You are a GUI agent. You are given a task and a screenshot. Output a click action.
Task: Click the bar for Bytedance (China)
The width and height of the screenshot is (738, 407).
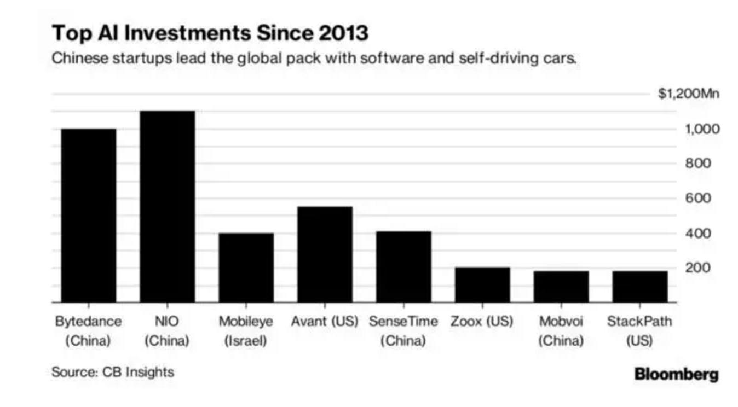[x=88, y=216]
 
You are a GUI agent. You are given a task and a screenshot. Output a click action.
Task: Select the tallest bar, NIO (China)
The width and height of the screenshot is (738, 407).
[x=167, y=206]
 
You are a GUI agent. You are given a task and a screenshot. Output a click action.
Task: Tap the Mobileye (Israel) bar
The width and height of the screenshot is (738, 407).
[x=246, y=268]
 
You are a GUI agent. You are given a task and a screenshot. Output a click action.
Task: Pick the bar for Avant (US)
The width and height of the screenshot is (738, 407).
[x=325, y=254]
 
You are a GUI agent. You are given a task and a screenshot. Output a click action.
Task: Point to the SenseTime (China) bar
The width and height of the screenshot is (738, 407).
[x=403, y=266]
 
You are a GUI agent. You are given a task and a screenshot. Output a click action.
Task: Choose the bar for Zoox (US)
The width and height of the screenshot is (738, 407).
[x=482, y=284]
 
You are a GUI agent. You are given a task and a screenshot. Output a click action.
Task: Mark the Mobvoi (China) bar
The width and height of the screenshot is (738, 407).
[x=561, y=286]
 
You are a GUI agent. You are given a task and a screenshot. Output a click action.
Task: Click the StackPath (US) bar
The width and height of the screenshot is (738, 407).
[x=640, y=286]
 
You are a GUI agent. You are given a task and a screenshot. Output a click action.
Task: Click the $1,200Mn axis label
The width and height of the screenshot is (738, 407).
[x=688, y=94]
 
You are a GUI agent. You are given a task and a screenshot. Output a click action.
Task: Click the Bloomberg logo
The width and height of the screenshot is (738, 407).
[x=676, y=375]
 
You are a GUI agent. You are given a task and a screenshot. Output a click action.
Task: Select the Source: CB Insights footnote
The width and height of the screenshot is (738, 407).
[x=113, y=373]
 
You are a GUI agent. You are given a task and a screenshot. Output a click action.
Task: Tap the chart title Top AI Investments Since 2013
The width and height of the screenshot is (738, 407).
[x=210, y=33]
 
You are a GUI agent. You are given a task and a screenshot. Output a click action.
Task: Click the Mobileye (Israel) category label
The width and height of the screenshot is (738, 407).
[x=246, y=331]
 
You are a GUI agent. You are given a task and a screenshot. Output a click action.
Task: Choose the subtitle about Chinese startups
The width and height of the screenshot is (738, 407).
[x=314, y=58]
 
